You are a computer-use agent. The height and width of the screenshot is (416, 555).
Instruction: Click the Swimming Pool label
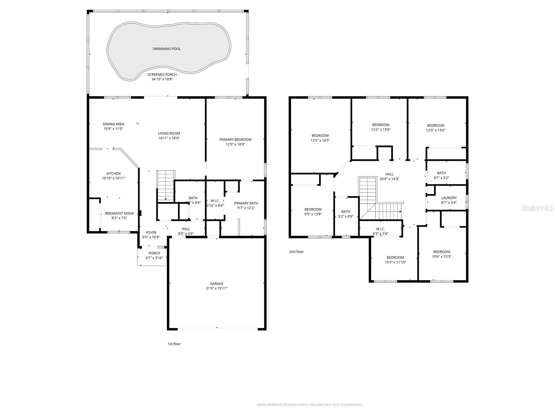166,49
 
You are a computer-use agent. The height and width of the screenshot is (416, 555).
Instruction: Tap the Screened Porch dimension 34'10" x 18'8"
162,79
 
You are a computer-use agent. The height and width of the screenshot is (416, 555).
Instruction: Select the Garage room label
216,284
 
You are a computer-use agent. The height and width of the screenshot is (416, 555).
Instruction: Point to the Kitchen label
113,174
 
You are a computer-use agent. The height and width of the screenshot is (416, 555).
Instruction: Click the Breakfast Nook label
119,214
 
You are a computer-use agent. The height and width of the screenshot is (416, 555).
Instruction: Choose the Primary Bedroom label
235,140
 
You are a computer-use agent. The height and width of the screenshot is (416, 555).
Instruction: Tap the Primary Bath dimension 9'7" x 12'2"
246,208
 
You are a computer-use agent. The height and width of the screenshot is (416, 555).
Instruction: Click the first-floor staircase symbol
166,185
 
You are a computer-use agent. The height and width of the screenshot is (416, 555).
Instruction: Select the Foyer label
151,233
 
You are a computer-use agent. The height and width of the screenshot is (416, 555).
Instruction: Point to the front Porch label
154,253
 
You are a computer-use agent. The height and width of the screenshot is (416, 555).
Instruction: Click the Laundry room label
449,198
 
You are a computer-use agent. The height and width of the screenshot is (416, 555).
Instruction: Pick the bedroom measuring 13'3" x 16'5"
320,136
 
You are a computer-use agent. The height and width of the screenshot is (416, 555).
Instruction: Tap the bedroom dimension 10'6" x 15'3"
442,257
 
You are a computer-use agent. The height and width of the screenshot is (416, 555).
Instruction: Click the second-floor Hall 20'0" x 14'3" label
389,174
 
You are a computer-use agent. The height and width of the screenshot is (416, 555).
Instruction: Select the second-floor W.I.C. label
380,229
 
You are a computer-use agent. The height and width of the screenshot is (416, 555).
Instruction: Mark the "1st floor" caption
174,344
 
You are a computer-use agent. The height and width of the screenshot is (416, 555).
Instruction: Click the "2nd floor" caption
296,252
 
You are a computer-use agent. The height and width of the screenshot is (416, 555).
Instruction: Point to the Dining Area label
113,124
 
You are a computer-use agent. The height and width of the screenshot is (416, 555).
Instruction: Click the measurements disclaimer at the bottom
309,405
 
